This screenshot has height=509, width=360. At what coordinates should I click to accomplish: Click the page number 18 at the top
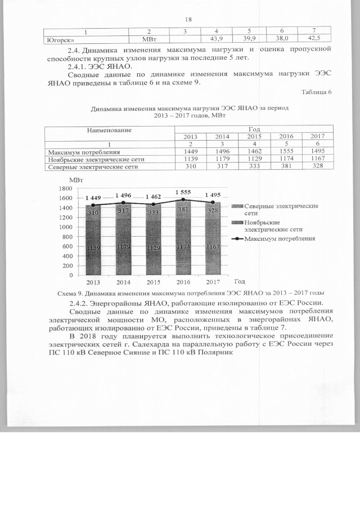coord(188,19)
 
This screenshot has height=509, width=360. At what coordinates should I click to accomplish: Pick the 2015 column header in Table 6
coord(254,137)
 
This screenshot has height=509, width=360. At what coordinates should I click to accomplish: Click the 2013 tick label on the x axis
coord(93,282)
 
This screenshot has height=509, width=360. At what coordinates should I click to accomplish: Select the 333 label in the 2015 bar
coord(154,213)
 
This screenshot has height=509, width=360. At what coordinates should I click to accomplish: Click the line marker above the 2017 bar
coord(213,202)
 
